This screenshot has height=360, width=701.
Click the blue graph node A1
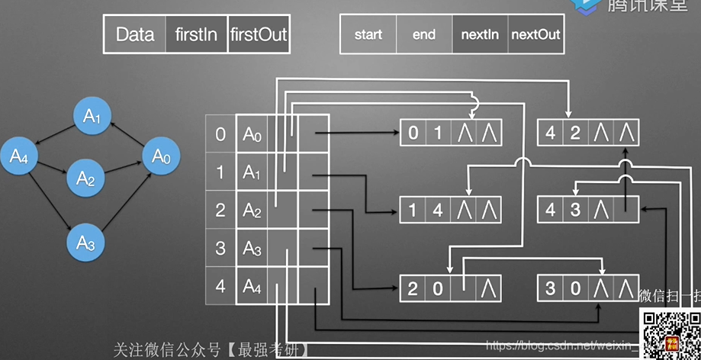coord(92,116)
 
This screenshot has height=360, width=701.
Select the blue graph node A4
coord(19,156)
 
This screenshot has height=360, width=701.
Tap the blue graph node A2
coord(85,178)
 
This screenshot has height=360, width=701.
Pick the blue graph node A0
coord(160,156)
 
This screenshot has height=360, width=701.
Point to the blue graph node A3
coord(85,243)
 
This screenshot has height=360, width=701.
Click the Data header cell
coord(134,34)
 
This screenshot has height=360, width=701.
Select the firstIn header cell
coord(196,34)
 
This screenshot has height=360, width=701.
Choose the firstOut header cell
coord(258,34)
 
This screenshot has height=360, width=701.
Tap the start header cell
coord(368,34)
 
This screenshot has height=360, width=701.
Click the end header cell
coord(424,34)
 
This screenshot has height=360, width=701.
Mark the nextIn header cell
coord(481,34)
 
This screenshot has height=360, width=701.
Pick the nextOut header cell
coord(535,34)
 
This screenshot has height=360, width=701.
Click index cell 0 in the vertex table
coord(221,134)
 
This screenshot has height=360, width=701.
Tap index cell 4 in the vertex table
coord(221,287)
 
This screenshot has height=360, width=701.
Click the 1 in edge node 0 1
coord(438,133)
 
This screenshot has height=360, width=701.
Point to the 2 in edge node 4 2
coord(575,133)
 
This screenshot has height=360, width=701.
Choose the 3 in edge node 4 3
coord(575,209)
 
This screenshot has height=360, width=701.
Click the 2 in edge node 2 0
coord(413,288)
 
